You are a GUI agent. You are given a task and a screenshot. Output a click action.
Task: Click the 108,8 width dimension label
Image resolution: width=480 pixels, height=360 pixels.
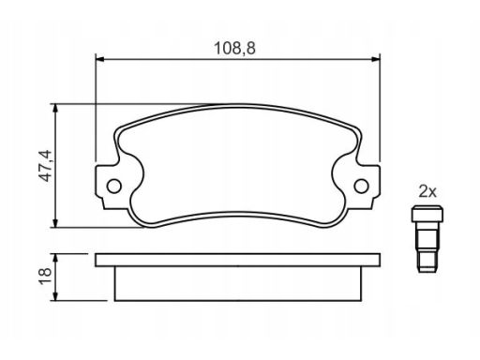pos(234,49)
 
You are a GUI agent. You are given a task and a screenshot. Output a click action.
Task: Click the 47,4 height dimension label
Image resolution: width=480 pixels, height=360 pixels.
pos(46,166)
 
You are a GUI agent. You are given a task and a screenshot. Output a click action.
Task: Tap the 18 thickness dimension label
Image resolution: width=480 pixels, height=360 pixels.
pos(46,277)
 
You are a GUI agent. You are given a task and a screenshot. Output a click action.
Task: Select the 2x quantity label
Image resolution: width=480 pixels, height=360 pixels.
pos(427,191)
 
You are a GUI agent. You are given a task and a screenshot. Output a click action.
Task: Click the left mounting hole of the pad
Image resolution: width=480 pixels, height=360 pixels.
pos(113,187)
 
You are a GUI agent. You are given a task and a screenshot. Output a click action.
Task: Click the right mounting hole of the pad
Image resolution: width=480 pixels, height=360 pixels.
pos(361,187)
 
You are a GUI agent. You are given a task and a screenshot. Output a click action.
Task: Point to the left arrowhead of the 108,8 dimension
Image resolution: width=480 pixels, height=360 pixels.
pos(99,59)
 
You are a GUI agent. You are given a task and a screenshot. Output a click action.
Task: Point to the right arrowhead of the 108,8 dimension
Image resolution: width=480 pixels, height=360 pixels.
pos(376,59)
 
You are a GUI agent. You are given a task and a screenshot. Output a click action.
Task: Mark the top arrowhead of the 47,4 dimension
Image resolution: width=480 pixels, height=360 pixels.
pos(55,108)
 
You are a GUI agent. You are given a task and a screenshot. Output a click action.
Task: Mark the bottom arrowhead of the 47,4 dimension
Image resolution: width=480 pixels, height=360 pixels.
pos(55,223)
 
